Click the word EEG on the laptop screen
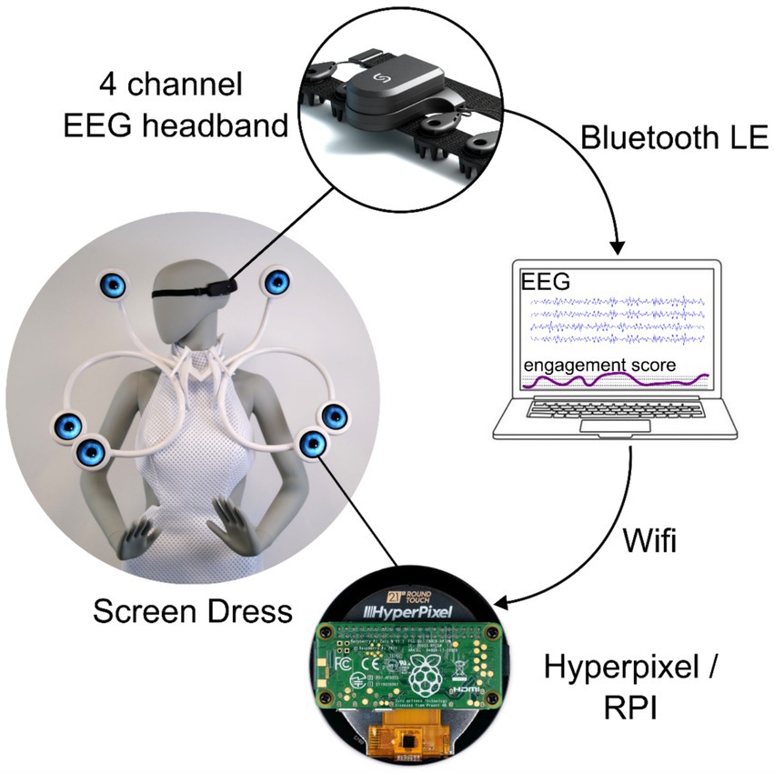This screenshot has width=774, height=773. [545, 283]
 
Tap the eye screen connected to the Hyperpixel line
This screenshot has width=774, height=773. [312, 443]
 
